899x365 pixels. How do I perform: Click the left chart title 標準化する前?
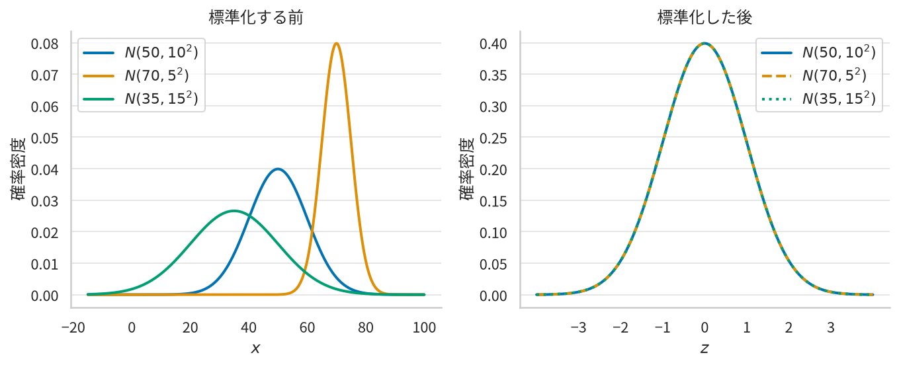click(255, 17)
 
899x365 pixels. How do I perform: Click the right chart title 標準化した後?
click(705, 17)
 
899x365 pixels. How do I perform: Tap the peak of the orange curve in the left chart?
click(336, 44)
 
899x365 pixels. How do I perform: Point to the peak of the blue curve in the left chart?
click(278, 169)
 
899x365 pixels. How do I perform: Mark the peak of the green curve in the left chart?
click(234, 210)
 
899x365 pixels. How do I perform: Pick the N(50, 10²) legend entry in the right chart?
click(818, 52)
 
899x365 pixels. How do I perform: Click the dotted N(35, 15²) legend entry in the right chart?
click(818, 99)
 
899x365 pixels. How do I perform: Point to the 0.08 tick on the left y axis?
click(44, 44)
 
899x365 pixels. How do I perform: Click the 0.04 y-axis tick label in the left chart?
click(44, 169)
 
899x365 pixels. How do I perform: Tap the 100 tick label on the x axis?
click(424, 328)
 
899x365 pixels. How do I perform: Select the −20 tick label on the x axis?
click(73, 328)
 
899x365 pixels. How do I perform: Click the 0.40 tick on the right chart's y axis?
click(493, 44)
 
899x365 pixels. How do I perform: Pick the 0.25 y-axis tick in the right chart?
click(493, 138)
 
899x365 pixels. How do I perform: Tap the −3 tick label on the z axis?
click(578, 328)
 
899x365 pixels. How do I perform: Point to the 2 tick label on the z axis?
click(789, 328)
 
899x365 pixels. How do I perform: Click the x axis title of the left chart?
click(255, 348)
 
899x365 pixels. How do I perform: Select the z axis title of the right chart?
click(705, 348)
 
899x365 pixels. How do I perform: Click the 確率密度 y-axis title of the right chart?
click(467, 169)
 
